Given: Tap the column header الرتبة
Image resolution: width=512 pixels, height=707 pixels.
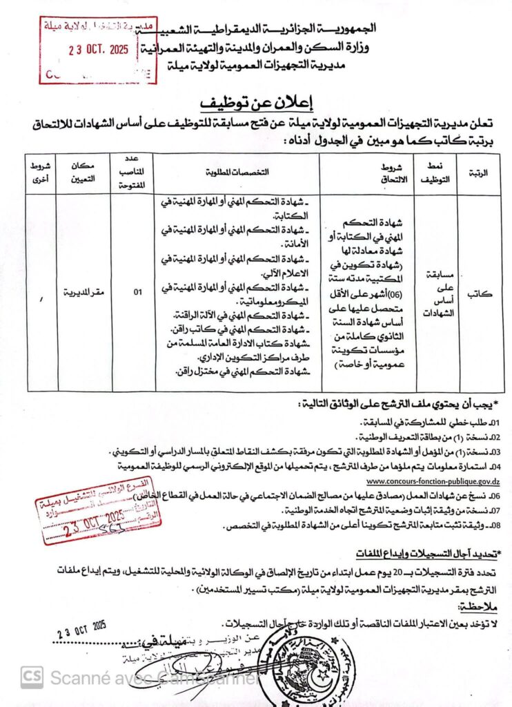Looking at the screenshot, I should coord(478,173).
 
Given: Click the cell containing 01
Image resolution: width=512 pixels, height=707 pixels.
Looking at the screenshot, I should coord(137,293).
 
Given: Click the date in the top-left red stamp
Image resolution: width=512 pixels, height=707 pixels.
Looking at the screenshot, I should coord(99,50).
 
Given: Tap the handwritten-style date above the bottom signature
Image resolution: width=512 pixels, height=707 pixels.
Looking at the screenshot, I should coord(81,628).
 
